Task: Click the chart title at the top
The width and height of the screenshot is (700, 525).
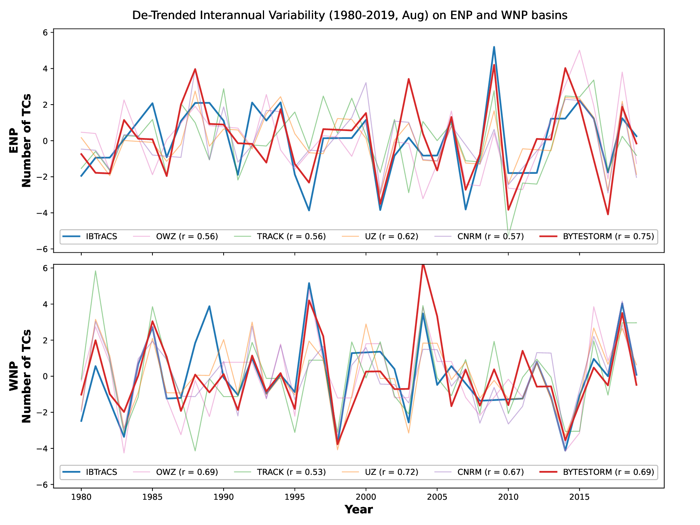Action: (x=350, y=15)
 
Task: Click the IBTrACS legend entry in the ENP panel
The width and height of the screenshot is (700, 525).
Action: (x=101, y=236)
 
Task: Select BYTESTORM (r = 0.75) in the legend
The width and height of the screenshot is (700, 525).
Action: (x=608, y=236)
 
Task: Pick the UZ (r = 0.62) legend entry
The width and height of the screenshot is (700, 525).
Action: (x=392, y=236)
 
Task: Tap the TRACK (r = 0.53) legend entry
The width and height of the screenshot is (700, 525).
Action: (x=291, y=472)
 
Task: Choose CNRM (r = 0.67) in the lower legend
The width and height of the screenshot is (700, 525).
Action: (x=490, y=472)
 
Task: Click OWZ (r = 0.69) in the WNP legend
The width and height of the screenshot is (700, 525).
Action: (x=187, y=472)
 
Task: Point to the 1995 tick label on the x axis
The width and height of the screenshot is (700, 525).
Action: (x=294, y=497)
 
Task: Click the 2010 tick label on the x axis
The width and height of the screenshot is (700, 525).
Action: (x=508, y=497)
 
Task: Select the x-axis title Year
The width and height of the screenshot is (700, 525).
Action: (x=359, y=510)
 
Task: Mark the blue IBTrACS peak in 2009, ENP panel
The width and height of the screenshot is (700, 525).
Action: (x=494, y=47)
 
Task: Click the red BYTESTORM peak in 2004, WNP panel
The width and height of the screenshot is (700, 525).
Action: (x=423, y=265)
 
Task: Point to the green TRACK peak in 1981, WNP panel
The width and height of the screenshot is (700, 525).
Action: (x=95, y=271)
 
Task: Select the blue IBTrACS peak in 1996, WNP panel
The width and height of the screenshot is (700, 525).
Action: (x=309, y=283)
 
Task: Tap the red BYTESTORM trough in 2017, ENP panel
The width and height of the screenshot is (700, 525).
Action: (x=608, y=214)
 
